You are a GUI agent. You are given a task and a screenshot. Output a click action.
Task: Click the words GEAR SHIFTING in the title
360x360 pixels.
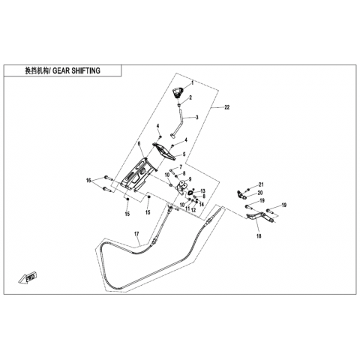click(76, 70)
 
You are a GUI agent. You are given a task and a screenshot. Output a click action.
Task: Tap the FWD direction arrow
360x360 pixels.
click(28, 277)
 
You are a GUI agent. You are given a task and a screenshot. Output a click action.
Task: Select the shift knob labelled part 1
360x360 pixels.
click(178, 91)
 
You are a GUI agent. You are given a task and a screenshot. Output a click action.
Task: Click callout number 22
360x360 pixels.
click(226, 107)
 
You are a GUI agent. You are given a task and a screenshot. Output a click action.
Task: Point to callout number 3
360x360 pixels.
click(197, 117)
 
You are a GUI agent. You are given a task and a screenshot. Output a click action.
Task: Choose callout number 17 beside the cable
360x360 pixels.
click(136, 234)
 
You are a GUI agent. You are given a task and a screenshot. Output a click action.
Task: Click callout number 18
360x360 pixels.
click(259, 235)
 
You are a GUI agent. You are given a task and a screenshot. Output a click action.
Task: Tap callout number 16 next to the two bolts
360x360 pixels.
click(88, 181)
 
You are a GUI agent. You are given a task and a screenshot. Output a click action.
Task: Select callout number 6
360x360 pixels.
click(139, 143)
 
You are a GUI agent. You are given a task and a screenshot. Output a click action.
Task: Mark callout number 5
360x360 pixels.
click(184, 154)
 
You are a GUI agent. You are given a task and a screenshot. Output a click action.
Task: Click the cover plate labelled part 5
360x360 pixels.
click(163, 151)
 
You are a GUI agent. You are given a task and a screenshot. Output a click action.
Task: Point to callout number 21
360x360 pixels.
click(261, 184)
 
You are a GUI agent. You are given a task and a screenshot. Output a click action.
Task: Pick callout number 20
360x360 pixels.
click(260, 193)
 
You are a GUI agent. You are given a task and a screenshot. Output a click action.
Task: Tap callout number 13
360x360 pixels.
click(202, 191)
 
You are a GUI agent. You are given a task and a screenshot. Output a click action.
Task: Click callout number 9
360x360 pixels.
click(190, 179)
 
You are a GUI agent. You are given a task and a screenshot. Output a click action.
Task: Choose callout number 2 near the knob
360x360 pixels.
click(190, 97)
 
